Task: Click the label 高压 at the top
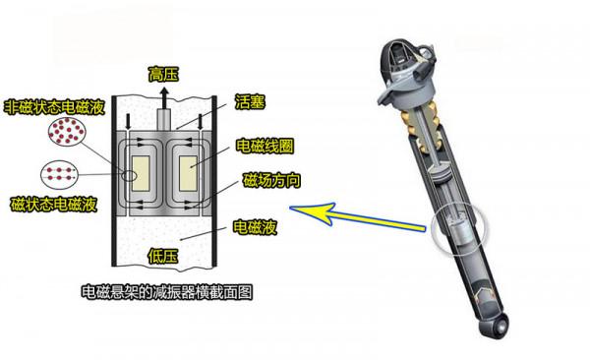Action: tap(162, 74)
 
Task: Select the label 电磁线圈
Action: tap(261, 147)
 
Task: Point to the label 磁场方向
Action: tap(265, 182)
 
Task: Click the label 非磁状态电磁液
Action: tap(49, 106)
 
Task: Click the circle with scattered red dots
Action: tap(65, 133)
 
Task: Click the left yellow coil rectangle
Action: tap(135, 172)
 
